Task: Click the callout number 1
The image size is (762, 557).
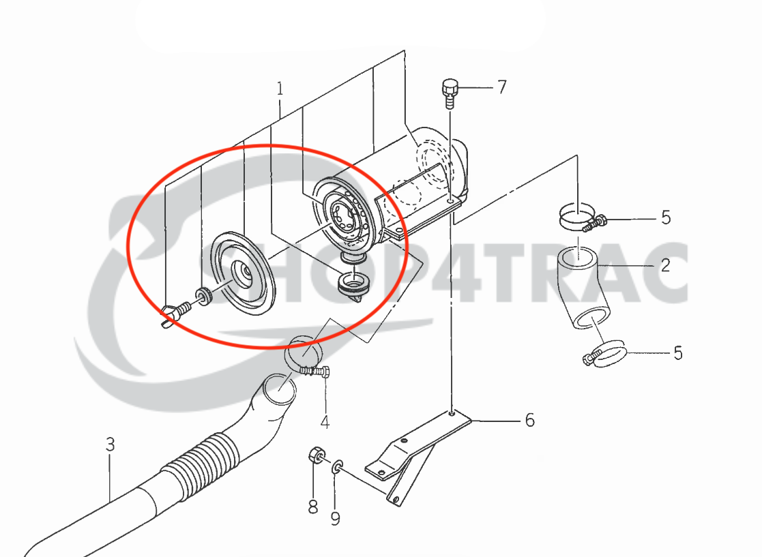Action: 280,89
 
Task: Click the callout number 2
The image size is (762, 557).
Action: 665,265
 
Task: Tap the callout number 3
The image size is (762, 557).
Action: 111,444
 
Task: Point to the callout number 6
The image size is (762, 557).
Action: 529,420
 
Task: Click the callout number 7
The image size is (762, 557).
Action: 502,87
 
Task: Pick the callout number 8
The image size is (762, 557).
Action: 313,507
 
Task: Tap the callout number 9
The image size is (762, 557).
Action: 336,518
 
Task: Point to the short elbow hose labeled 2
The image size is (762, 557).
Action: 583,286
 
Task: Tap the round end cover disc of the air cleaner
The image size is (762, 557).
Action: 242,273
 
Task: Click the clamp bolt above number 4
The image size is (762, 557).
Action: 314,372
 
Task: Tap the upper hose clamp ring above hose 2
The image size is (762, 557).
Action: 577,216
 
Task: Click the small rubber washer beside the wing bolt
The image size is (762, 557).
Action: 203,297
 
